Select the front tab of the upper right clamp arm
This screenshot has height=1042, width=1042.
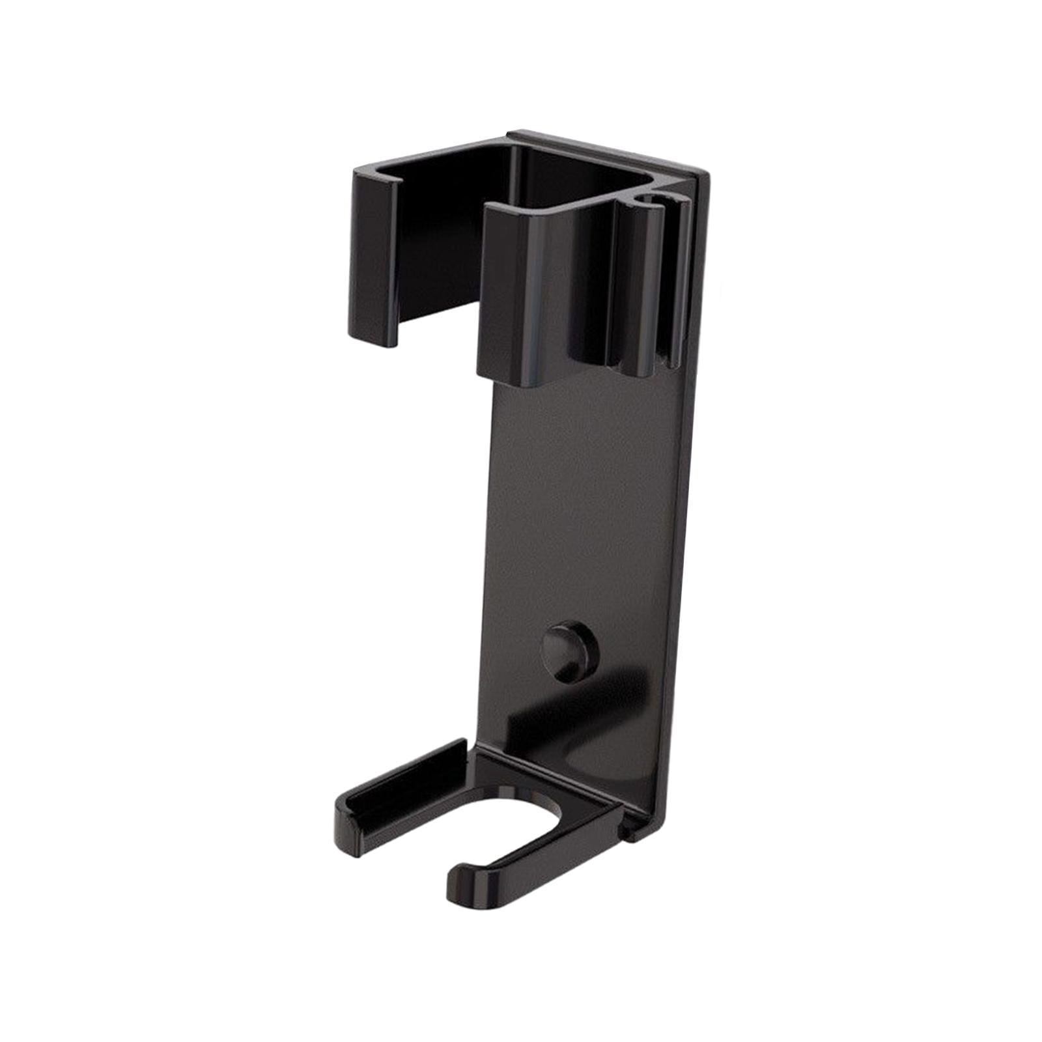pyautogui.click(x=514, y=287)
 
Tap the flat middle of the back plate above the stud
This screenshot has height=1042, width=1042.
pyautogui.click(x=586, y=521)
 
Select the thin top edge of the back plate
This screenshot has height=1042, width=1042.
pyautogui.click(x=606, y=147)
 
